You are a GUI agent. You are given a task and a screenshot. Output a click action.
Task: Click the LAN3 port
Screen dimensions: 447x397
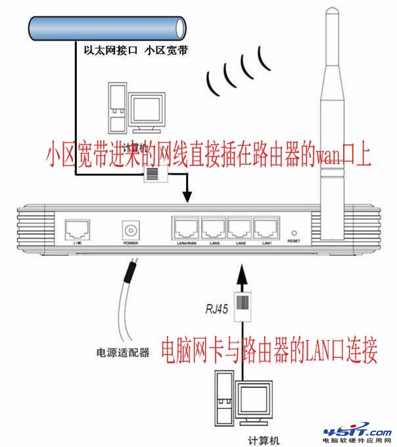[x=214, y=229]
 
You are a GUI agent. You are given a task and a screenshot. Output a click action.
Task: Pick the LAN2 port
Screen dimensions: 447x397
[x=240, y=229]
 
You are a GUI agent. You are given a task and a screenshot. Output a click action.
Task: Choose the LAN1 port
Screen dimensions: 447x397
[x=266, y=229]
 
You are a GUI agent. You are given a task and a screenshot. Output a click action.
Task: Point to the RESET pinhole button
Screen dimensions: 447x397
[x=293, y=232]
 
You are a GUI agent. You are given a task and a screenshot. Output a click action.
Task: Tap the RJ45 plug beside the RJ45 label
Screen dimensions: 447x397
[x=243, y=306]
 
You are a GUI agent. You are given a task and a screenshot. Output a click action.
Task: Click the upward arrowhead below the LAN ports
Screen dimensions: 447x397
[x=243, y=270]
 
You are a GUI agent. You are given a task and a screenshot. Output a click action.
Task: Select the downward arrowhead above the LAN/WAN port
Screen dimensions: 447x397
[x=188, y=196]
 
